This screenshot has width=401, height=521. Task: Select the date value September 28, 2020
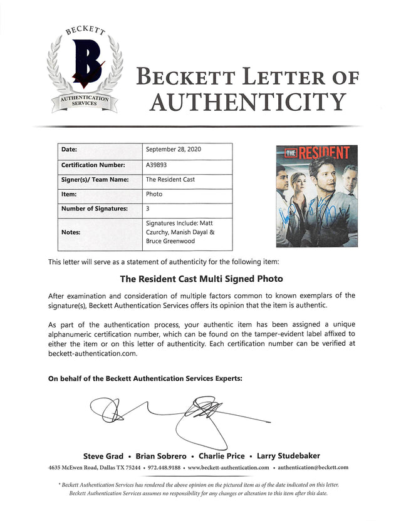[x=173, y=150]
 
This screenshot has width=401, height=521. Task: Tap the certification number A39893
[x=157, y=165]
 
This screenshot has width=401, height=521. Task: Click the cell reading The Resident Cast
[x=170, y=180]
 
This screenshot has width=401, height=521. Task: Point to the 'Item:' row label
[x=69, y=195]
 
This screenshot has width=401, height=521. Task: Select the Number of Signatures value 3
[x=147, y=209]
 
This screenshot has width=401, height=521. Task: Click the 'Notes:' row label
[x=71, y=231]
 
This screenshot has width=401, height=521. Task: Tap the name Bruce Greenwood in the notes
[x=170, y=241]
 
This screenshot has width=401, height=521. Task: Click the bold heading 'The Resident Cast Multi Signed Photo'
[x=200, y=279]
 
